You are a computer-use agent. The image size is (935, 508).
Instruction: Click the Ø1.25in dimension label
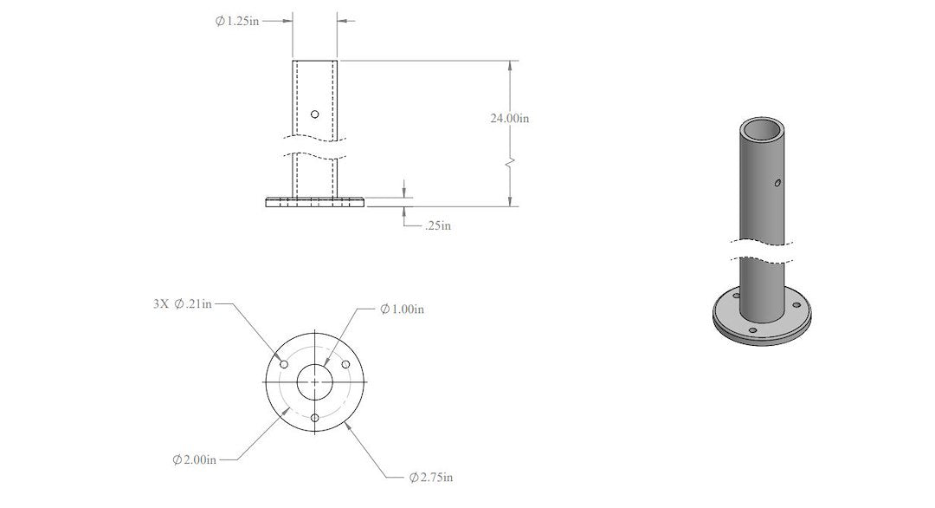coord(236,21)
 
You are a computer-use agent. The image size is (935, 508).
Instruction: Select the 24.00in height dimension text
coord(510,118)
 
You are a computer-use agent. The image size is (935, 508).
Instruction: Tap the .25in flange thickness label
coord(436,225)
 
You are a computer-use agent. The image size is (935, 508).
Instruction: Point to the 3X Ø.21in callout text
coord(181,303)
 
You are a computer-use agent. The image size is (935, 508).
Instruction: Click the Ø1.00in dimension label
coord(403,309)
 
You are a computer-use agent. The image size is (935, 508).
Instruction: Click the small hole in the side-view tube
coord(314,114)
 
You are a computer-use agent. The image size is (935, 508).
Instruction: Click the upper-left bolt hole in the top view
coord(284,365)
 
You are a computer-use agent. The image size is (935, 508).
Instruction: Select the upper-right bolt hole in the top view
coord(345,365)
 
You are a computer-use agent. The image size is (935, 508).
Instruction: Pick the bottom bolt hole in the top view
coord(314,418)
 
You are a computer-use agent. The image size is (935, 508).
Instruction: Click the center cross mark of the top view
coord(314,382)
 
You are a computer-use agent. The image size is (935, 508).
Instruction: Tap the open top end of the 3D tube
coord(763,130)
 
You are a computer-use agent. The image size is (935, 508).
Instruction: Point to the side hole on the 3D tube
coord(777,183)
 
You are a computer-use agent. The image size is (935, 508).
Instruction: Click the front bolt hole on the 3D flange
coord(751,331)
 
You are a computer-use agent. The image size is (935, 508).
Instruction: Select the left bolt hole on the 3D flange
coord(737,296)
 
